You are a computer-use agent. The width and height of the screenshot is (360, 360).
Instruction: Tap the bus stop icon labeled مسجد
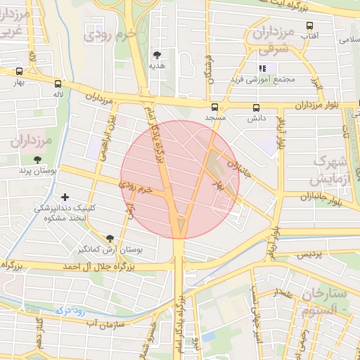tap(214, 108)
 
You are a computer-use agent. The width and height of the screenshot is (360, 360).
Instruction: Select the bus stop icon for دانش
tap(255, 108)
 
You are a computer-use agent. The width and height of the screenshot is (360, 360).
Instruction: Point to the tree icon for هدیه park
tap(157, 54)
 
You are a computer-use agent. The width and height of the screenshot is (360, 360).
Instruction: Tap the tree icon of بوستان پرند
tap(37, 160)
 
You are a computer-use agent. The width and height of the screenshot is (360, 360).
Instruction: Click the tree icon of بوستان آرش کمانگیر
tap(109, 239)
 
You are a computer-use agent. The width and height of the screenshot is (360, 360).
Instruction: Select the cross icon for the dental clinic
tap(66, 197)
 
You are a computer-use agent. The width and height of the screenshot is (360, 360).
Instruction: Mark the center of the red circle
tap(180, 179)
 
